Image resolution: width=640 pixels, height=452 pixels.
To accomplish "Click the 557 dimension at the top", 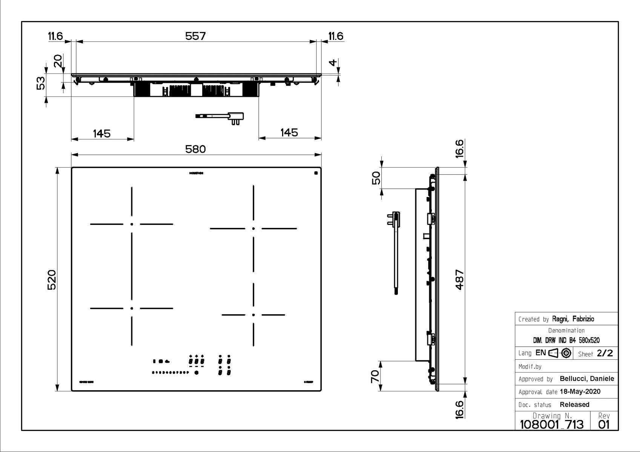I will (x=195, y=36).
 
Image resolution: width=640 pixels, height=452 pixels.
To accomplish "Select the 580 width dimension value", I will (x=195, y=149).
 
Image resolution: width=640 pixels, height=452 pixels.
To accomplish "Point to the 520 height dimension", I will (x=52, y=279).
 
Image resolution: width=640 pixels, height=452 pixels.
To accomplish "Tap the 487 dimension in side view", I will (x=459, y=279).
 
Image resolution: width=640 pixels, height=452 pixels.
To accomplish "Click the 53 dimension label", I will (x=41, y=83).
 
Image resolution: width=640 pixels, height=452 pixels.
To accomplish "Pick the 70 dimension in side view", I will (x=375, y=376).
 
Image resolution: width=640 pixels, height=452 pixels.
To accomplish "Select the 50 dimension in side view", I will (x=376, y=178).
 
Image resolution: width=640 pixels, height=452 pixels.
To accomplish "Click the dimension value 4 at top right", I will (x=332, y=63).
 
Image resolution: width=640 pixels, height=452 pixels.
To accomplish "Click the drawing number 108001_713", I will (x=551, y=425).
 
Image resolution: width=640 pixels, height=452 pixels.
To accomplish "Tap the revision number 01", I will (x=604, y=425).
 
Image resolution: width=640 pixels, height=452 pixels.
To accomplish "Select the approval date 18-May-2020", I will (x=580, y=392).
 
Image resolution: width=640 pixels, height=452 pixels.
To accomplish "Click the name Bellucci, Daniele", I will (x=587, y=379).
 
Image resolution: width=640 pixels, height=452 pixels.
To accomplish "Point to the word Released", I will (x=574, y=405).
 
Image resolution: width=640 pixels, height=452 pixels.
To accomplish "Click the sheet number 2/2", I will (x=605, y=353).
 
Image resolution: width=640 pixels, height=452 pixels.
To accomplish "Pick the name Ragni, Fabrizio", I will (x=573, y=319).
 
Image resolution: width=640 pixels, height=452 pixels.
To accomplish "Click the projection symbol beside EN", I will (x=560, y=353).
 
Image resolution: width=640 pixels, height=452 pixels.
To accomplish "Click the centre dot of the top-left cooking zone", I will (x=132, y=224).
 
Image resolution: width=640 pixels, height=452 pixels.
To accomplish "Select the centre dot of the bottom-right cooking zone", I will (x=253, y=315).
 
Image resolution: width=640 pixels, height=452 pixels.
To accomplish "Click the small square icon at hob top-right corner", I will (x=315, y=173).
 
